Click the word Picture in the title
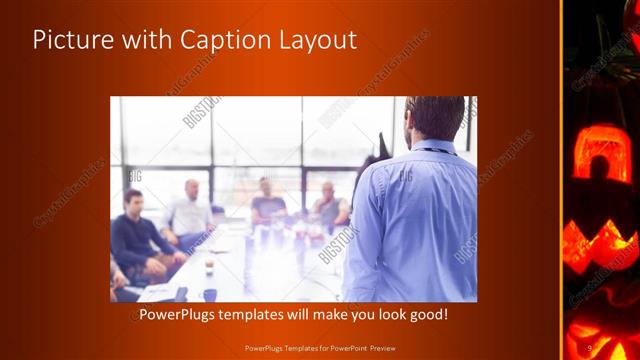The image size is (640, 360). click(72, 41)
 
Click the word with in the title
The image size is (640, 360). click(143, 41)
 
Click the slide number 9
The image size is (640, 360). click(590, 347)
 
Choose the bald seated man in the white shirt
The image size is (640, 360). click(190, 212)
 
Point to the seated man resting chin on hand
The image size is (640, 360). click(329, 205)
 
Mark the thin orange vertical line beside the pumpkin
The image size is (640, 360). click(561, 180)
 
